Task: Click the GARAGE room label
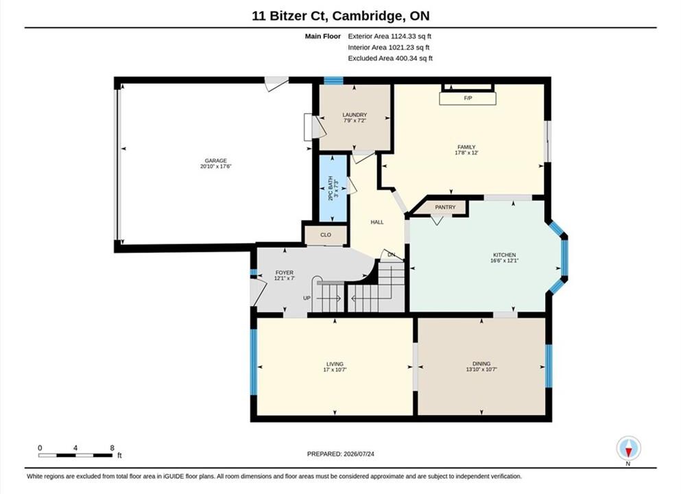216,161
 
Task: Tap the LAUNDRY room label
355,115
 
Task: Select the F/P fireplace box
468,98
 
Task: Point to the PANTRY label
445,207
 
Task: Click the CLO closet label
326,235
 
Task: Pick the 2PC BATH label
331,188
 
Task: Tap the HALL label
377,222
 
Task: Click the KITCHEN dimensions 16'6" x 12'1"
504,261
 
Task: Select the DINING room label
481,364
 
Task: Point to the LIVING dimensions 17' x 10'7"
335,370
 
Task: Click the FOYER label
285,272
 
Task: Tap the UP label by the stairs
307,298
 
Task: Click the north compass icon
628,448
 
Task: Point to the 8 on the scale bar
112,448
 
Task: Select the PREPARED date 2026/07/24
359,454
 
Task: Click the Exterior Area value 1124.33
403,36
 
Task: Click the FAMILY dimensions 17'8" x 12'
466,153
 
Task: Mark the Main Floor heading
323,36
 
